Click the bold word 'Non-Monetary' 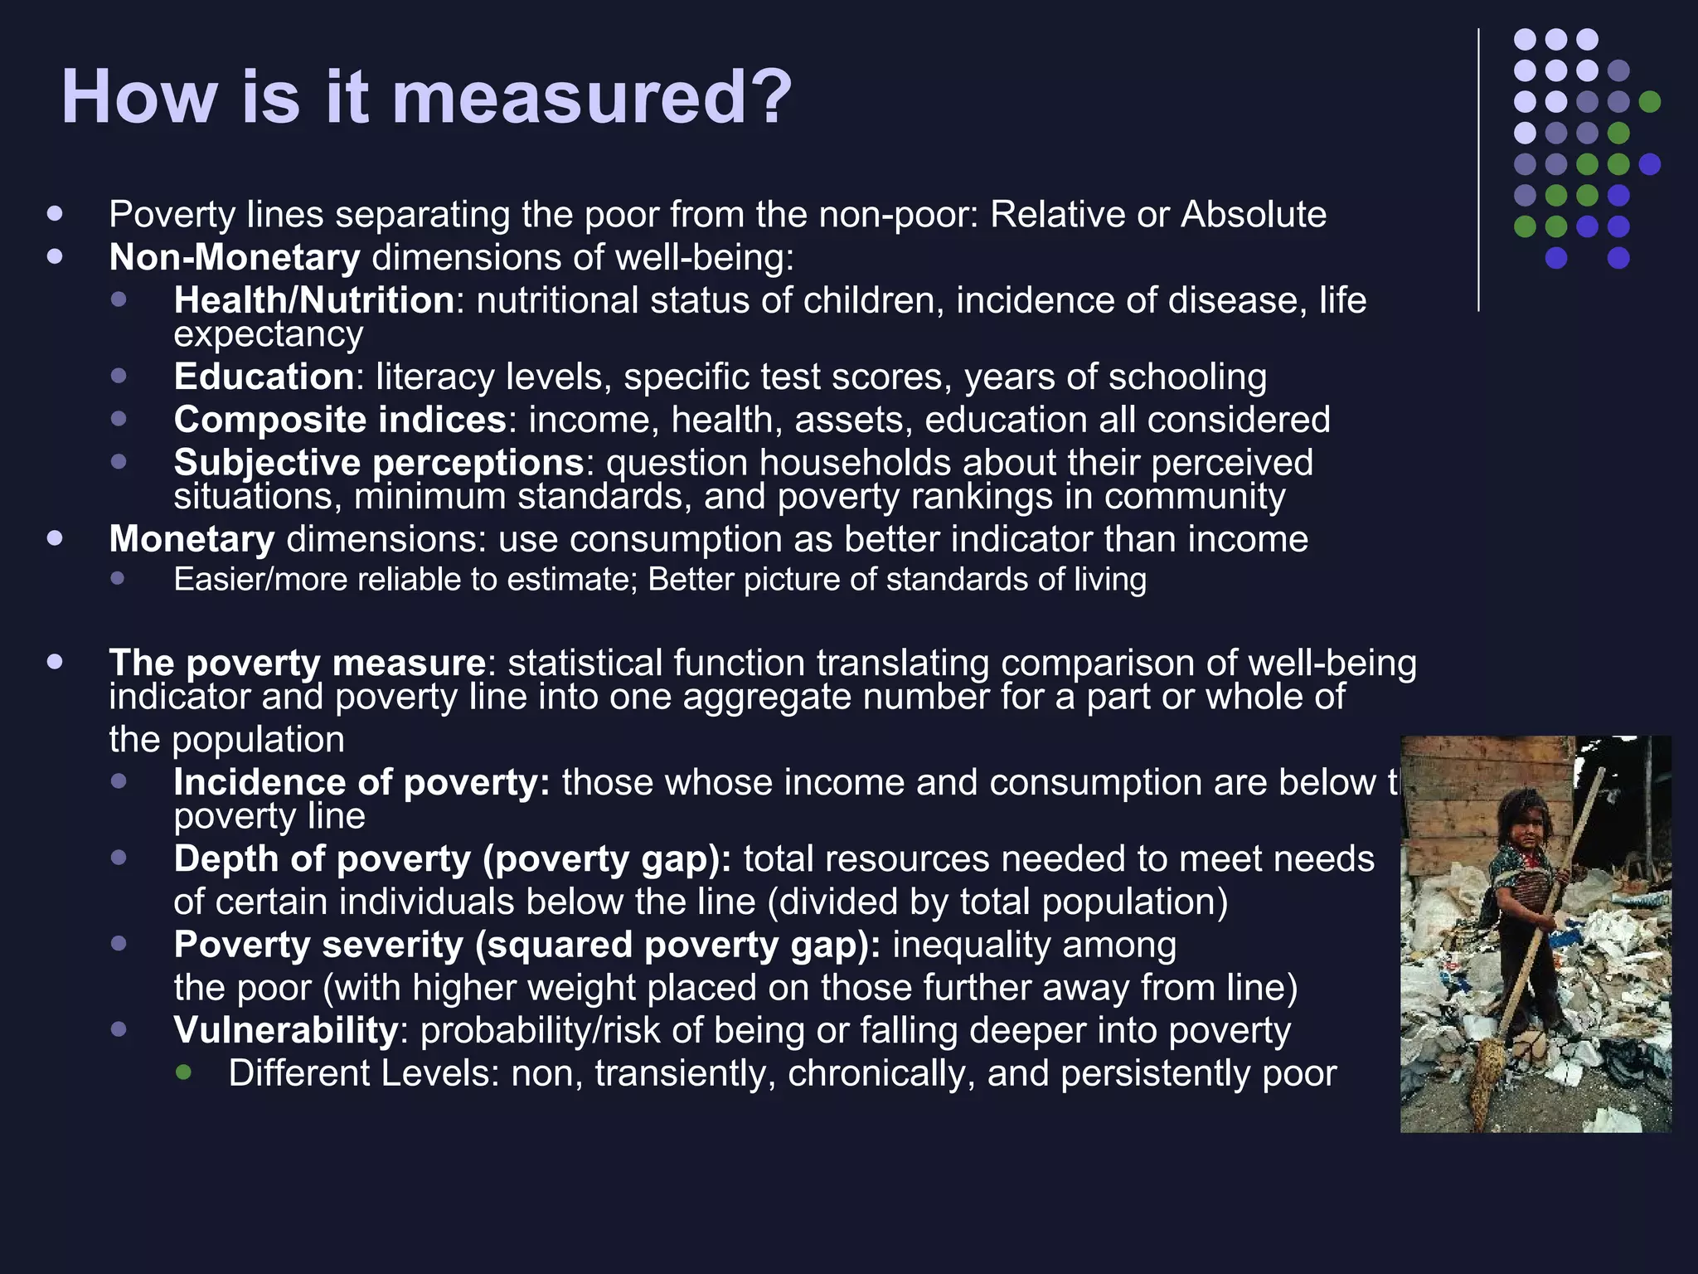(235, 258)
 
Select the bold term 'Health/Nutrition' (314, 300)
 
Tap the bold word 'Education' (264, 377)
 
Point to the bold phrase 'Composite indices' (340, 420)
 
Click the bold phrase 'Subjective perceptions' (379, 463)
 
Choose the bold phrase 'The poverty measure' (297, 663)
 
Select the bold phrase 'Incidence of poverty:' (361, 782)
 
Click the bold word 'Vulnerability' (286, 1030)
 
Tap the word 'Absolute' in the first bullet (1254, 215)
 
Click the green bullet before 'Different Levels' (184, 1072)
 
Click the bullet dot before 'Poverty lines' (56, 213)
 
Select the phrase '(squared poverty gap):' (677, 945)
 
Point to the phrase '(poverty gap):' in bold (607, 859)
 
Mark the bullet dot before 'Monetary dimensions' (56, 538)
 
